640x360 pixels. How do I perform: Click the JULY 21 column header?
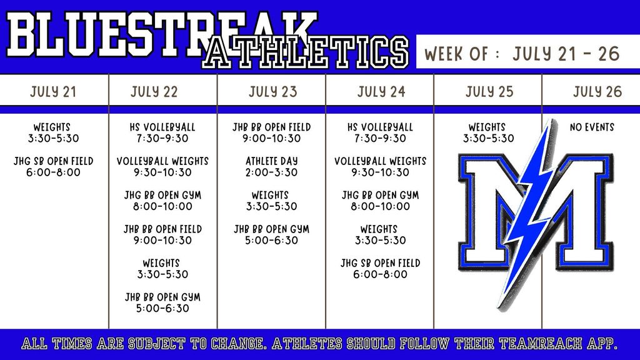[x=53, y=91]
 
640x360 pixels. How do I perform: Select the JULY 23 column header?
[x=272, y=91]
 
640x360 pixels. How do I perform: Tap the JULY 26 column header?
[x=597, y=91]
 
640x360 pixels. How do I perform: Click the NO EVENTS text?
[x=592, y=127]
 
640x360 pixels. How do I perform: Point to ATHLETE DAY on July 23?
[x=271, y=161]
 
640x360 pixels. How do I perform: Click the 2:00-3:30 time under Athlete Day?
[x=271, y=172]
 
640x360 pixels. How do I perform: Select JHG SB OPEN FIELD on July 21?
[x=54, y=161]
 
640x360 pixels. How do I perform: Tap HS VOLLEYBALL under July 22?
[x=162, y=127]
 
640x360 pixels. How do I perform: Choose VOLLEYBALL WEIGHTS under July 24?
[x=380, y=161]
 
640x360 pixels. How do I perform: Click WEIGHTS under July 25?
[x=487, y=127]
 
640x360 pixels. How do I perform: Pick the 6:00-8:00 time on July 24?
[x=380, y=274]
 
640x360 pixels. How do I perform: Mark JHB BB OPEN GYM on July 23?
[x=271, y=229]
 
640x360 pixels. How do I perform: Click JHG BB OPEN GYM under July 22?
[x=162, y=195]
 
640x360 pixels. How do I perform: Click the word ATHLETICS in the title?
[x=305, y=52]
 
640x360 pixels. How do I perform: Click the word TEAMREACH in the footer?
[x=541, y=344]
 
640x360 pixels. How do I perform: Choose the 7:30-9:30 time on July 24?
[x=380, y=138]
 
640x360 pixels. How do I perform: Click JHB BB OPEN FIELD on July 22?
[x=162, y=229]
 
